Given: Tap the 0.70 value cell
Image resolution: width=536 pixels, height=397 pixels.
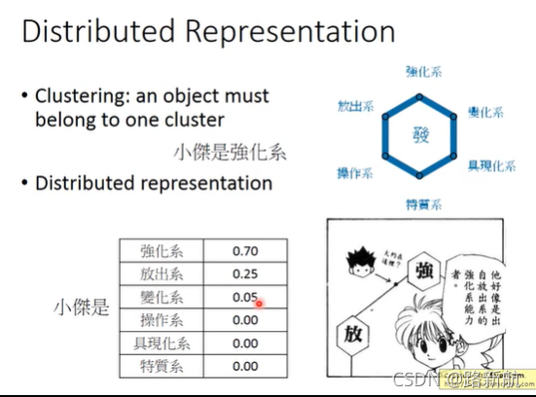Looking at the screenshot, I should click(245, 251).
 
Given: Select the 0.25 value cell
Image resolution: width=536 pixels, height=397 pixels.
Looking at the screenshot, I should click(245, 274).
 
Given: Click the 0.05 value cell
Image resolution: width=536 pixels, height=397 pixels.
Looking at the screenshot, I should click(245, 297).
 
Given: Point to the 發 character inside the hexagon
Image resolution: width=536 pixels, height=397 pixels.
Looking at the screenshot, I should click(421, 133).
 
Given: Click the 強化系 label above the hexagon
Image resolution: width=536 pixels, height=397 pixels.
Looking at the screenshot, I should click(421, 70).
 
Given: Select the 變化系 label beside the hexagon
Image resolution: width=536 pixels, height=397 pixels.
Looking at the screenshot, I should click(485, 113).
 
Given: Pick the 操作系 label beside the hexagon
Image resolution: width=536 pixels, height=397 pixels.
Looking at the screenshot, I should click(356, 171).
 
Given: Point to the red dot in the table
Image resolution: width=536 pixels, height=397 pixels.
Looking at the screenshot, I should click(261, 303).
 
